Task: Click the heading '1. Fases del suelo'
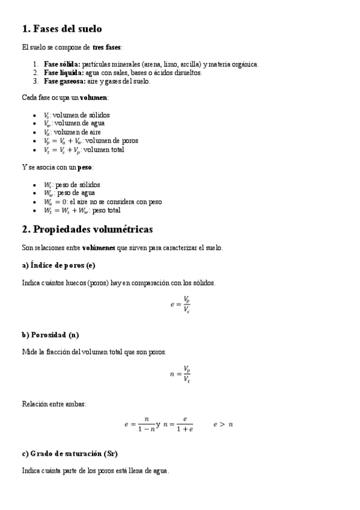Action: click(x=62, y=29)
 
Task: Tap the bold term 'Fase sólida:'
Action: click(x=63, y=64)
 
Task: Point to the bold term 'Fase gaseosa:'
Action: click(x=65, y=81)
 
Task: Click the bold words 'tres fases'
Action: click(x=107, y=46)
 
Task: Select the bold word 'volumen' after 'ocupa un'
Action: click(x=94, y=97)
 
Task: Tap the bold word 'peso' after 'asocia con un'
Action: click(x=85, y=167)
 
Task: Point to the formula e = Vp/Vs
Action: click(x=180, y=305)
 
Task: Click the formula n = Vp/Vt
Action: click(x=180, y=374)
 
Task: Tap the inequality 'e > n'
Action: click(x=223, y=425)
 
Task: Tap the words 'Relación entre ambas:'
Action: click(x=54, y=404)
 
